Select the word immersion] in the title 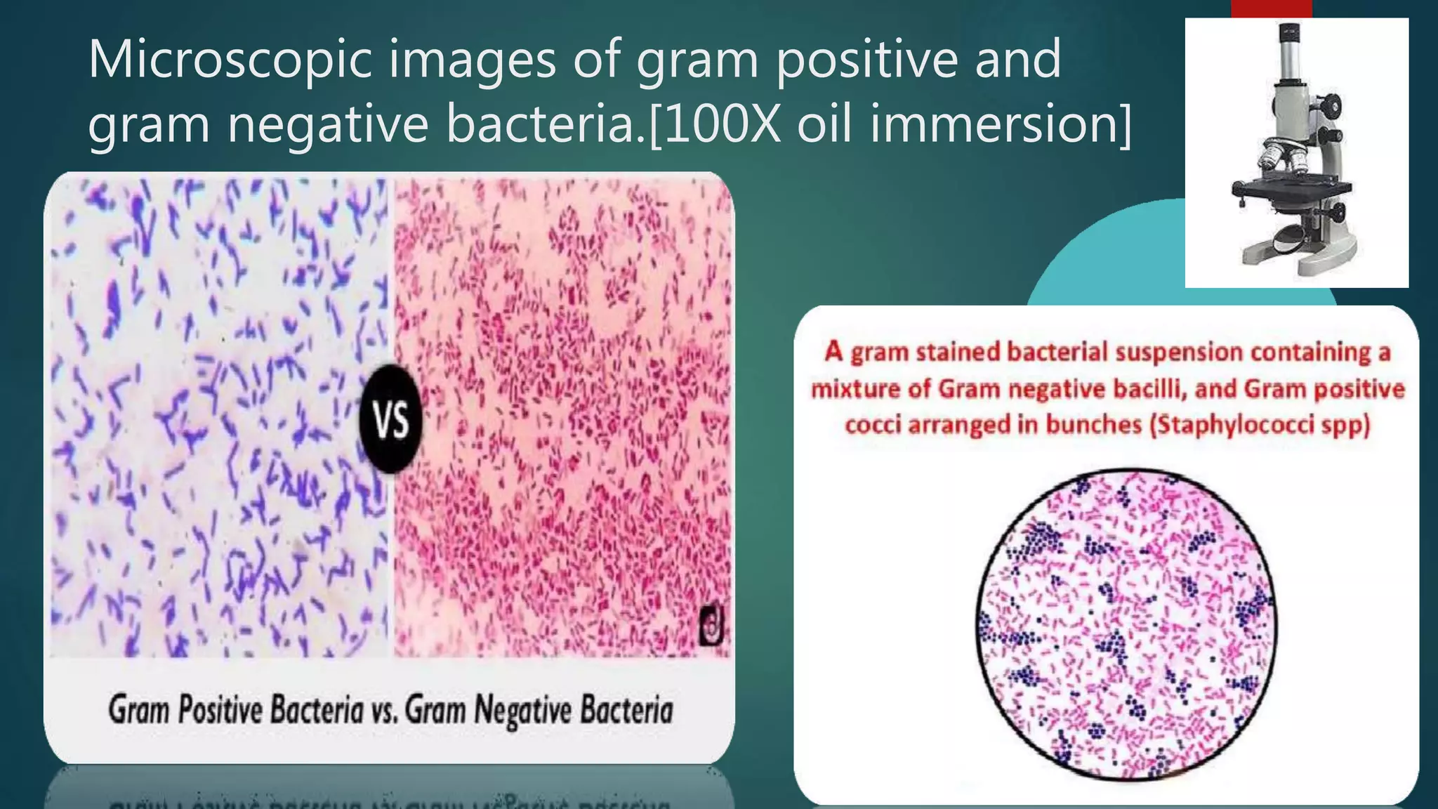[1001, 124]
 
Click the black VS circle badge [391, 419]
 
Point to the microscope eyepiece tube [1291, 60]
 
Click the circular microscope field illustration [1126, 625]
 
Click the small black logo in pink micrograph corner [711, 628]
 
